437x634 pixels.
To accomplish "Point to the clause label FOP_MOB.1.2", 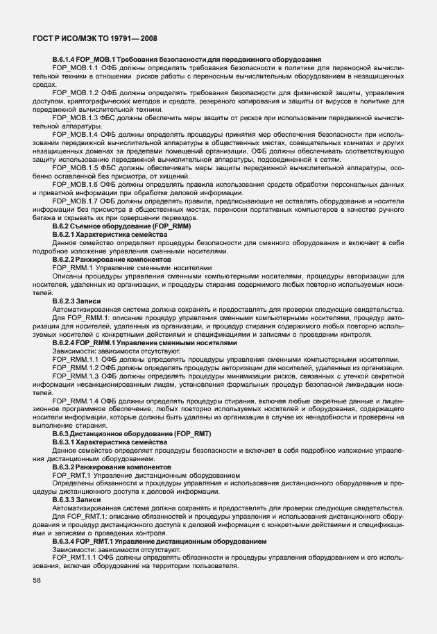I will (x=76, y=92).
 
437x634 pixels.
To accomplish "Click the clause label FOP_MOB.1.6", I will (x=76, y=184).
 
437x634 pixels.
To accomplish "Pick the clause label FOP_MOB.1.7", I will (x=76, y=200).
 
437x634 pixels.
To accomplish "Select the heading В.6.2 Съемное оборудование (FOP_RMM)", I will (x=121, y=226).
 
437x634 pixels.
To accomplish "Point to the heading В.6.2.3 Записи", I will (x=76, y=300).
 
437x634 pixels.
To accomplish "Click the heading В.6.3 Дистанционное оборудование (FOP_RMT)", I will (x=132, y=434).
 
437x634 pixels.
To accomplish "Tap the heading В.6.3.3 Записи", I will (x=76, y=500).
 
